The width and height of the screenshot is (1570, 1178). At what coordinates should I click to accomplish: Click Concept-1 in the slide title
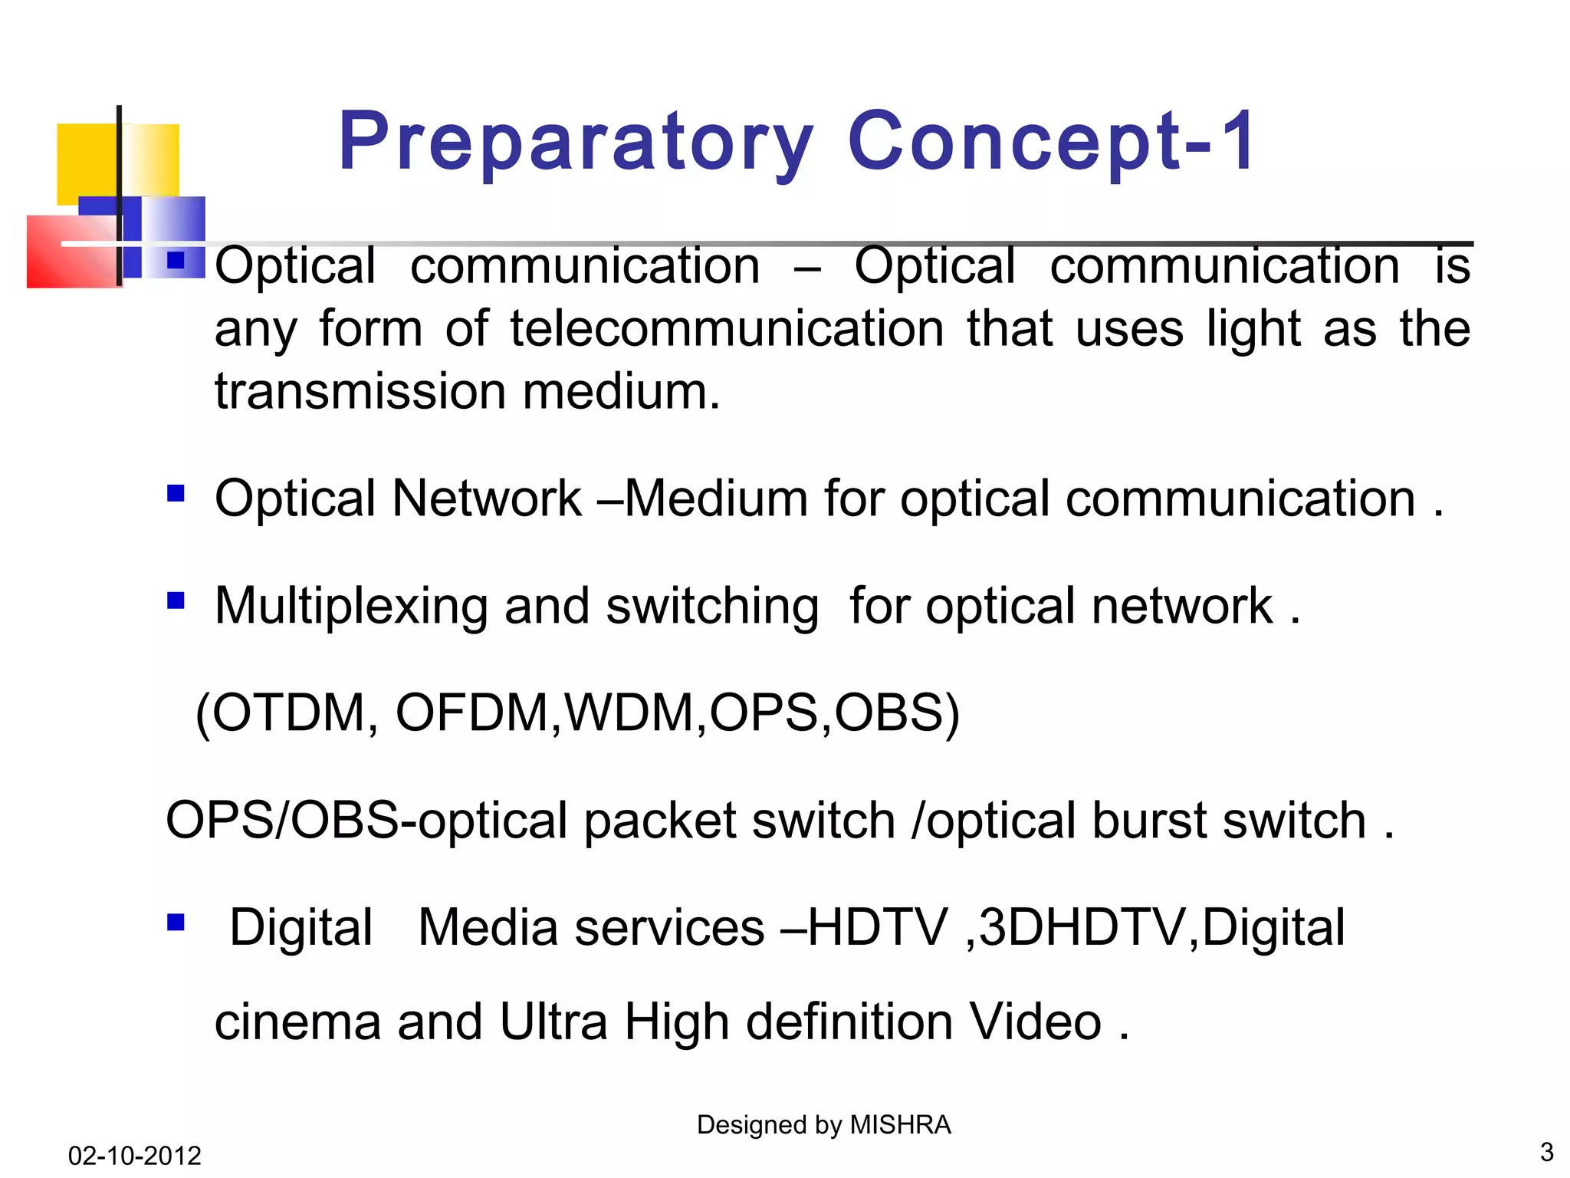[1051, 143]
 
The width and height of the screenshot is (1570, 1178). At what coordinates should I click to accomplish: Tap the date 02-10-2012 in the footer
[134, 1155]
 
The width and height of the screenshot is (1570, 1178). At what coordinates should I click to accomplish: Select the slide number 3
[1546, 1152]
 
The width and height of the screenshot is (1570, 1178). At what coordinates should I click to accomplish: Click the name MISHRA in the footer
[901, 1124]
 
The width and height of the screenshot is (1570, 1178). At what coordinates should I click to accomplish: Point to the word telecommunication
[727, 329]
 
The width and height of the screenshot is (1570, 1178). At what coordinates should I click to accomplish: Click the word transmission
[360, 391]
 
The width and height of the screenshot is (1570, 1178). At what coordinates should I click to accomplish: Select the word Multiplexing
[351, 607]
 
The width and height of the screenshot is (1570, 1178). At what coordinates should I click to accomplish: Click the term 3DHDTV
[1082, 928]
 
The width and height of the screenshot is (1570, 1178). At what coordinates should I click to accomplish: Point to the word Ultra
[553, 1022]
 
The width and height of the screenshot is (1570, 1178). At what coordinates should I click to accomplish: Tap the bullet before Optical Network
[176, 493]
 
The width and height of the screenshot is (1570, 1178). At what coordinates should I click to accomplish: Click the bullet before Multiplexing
[176, 601]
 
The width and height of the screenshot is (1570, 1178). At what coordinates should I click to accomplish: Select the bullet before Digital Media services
[176, 922]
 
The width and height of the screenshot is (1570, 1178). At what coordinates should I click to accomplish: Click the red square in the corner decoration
[69, 253]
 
